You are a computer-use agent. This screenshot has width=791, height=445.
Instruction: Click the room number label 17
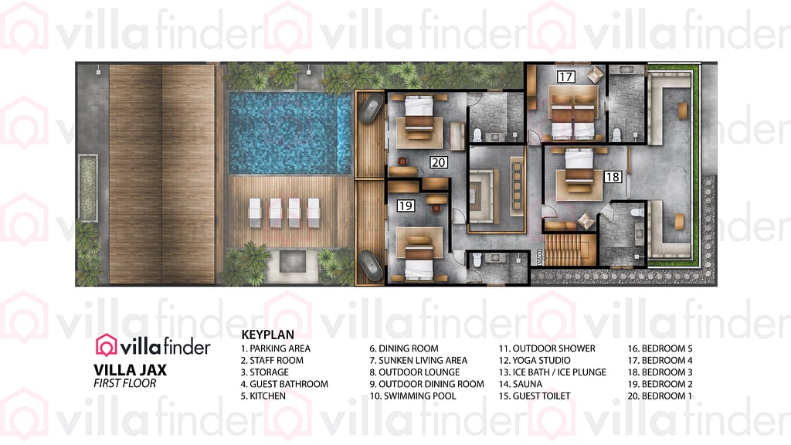click(x=566, y=76)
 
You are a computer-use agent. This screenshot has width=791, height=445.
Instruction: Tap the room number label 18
click(x=613, y=177)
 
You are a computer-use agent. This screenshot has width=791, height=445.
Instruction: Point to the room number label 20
click(x=439, y=162)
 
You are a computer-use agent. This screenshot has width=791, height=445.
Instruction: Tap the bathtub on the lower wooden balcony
click(x=371, y=263)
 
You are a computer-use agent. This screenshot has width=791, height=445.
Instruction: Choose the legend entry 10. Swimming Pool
click(x=412, y=396)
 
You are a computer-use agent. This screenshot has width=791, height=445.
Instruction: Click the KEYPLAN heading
click(x=267, y=335)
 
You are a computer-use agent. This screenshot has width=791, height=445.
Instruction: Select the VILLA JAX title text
click(x=130, y=369)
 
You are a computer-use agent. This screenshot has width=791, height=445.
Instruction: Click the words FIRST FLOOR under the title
click(x=124, y=383)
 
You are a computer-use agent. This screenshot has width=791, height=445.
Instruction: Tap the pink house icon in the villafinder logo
click(x=106, y=345)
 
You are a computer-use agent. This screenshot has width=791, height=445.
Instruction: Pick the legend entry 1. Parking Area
click(x=276, y=348)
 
